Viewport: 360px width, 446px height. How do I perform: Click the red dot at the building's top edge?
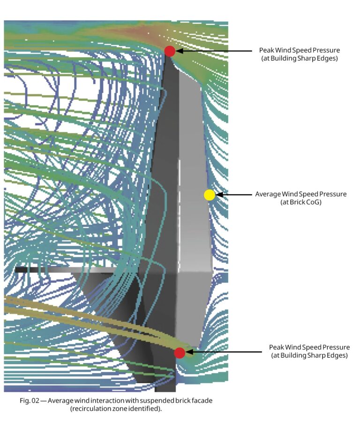(170, 51)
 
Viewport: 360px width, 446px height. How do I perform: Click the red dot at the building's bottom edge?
(180, 353)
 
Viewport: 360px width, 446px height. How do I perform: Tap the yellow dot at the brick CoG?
(210, 195)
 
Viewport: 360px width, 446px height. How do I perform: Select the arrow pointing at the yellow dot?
(234, 195)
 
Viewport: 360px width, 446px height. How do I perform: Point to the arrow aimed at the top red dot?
(214, 51)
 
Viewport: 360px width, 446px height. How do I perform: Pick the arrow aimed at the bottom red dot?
(224, 352)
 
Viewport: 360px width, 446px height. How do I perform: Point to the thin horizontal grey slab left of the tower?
(66, 270)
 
